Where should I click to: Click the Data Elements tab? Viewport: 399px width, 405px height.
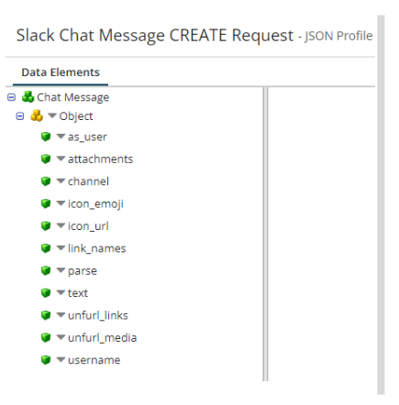[x=61, y=72]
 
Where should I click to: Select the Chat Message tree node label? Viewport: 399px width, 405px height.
[x=73, y=97]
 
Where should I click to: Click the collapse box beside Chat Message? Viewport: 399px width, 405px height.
[x=12, y=97]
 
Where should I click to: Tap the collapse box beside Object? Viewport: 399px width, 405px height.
[x=20, y=116]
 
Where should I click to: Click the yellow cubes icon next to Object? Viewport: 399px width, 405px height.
[x=37, y=115]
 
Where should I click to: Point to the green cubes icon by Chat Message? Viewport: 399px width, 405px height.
[x=28, y=97]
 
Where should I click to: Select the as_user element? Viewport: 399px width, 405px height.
[x=87, y=137]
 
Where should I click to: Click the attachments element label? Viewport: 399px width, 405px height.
[x=100, y=159]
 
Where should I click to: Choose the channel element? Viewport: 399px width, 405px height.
[x=88, y=181]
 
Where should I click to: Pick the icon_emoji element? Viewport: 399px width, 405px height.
[x=95, y=204]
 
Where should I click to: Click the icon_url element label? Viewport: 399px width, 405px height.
[x=88, y=226]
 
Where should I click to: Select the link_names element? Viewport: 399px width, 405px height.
[x=96, y=248]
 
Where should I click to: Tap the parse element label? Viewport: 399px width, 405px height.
[x=83, y=271]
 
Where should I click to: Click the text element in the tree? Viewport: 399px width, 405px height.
[x=78, y=293]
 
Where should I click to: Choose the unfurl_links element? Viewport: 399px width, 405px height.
[x=98, y=315]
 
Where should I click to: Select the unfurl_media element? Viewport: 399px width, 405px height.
[x=102, y=338]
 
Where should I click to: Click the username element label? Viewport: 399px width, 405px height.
[x=94, y=360]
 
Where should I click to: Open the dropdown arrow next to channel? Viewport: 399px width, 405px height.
[x=61, y=181]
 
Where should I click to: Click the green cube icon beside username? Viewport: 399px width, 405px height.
[x=46, y=360]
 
